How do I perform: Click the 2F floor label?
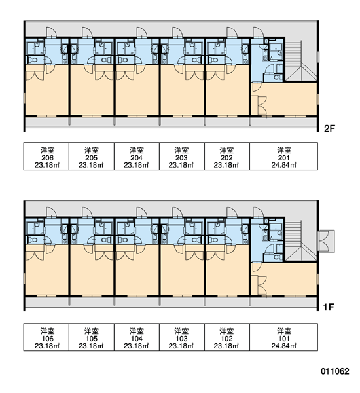pos(329,129)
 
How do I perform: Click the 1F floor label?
pos(329,307)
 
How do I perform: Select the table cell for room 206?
pos(46,157)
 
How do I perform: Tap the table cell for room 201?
pos(283,157)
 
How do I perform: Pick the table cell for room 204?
pos(137,157)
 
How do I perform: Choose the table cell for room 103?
pos(181,337)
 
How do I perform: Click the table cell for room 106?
pos(46,337)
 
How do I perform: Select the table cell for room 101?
pos(283,337)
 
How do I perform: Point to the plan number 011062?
pos(335,371)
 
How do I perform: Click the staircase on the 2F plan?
pos(300,61)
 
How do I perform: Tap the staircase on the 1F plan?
pos(300,240)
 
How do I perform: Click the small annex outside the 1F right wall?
pos(326,241)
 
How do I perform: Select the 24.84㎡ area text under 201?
pos(284,165)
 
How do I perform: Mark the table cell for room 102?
pos(226,337)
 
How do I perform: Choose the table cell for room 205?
pos(92,157)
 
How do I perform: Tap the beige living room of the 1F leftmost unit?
pos(47,271)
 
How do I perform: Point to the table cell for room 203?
pos(181,157)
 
